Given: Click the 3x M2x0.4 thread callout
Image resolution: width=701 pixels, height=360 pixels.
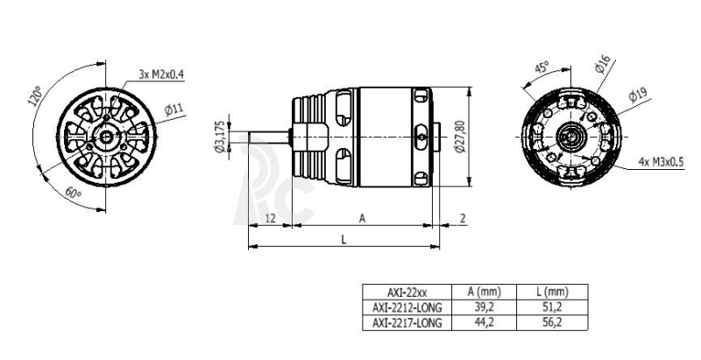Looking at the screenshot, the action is (x=161, y=74).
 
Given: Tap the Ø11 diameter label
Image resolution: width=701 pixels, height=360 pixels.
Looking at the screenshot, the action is (x=173, y=109).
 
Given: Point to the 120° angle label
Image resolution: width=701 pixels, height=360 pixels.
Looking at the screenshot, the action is (x=34, y=96).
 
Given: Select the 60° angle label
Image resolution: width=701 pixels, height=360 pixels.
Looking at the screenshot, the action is (x=74, y=194).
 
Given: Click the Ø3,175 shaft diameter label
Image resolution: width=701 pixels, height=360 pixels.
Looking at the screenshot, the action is (x=220, y=137).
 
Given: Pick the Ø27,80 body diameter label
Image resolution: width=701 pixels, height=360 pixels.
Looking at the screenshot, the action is (x=460, y=137).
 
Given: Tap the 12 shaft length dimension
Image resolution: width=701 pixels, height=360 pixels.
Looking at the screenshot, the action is (x=270, y=218).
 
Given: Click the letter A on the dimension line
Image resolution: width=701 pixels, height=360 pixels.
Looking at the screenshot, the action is (x=362, y=218).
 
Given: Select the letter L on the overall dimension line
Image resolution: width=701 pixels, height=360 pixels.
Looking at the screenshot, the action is (x=343, y=240).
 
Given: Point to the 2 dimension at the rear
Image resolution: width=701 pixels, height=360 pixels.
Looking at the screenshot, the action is (x=463, y=218).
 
